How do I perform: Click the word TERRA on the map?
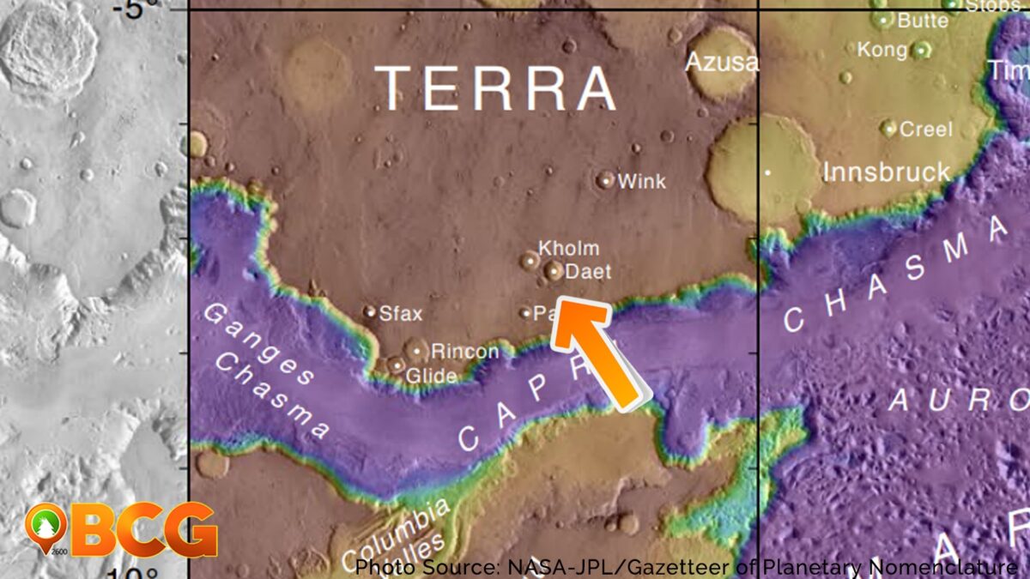[x=496, y=88]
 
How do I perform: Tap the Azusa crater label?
[x=722, y=62]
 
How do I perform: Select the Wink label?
[x=641, y=182]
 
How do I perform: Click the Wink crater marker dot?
[x=606, y=180]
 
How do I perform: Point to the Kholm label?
[x=568, y=249]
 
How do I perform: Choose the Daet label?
[x=589, y=273]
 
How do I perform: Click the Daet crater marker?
[x=554, y=272]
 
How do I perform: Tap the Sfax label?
[x=401, y=314]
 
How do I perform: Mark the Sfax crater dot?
[x=370, y=312]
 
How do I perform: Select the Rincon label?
[x=464, y=352]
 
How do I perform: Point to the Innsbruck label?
[x=887, y=172]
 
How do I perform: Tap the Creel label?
[x=925, y=130]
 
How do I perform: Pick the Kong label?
[x=881, y=51]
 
